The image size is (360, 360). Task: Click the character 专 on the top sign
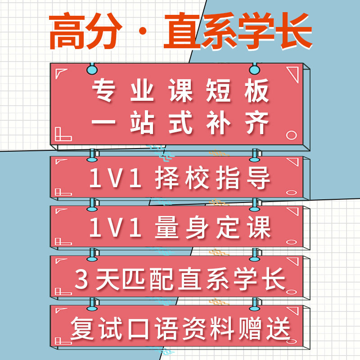104,91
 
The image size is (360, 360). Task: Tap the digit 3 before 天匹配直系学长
81,280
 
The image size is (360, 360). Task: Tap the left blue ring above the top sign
92,69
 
